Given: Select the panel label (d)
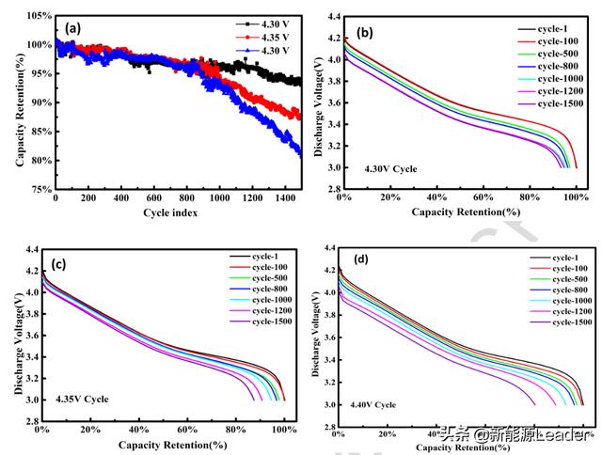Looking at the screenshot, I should (358, 258).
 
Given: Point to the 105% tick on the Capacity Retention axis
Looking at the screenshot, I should (38, 16).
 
